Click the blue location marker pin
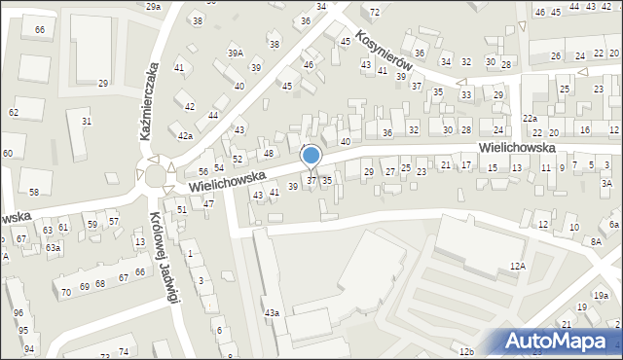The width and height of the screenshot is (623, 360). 311,156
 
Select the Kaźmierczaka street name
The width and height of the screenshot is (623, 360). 150,103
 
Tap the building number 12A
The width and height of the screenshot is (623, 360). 517,265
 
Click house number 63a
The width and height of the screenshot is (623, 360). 53,247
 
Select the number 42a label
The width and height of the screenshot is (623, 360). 184,135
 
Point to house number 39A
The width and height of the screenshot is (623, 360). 236,53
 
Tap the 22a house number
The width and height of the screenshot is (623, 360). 530,118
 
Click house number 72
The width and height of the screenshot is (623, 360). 375,12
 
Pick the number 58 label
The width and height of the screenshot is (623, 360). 34,192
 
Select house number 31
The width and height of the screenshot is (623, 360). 87,121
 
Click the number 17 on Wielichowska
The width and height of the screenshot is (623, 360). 466,164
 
